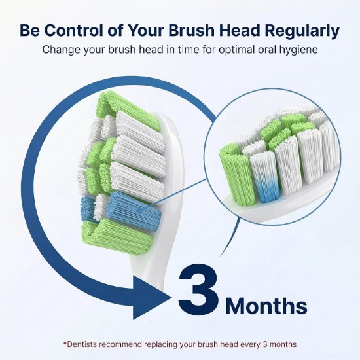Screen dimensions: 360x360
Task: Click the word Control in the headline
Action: point(74,30)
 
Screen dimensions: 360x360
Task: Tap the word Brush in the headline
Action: point(191,30)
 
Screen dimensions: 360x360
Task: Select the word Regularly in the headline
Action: point(302,31)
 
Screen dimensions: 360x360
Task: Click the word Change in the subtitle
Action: point(62,50)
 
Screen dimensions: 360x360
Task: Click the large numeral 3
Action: point(198,290)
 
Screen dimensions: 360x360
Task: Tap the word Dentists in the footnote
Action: point(82,344)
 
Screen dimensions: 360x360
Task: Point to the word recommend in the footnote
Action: point(121,344)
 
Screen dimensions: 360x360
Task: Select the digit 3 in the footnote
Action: point(265,344)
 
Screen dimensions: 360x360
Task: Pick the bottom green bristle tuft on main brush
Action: point(117,236)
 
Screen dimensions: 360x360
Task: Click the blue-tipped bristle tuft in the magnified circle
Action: point(265,177)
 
